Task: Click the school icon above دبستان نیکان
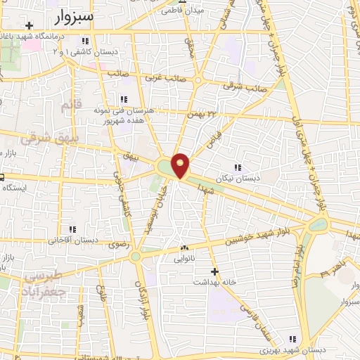pos(237,167)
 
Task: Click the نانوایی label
pos(184,259)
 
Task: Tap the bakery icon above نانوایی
pos(184,248)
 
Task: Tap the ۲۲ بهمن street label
pos(199,113)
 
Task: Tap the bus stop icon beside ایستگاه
pos(2,176)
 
